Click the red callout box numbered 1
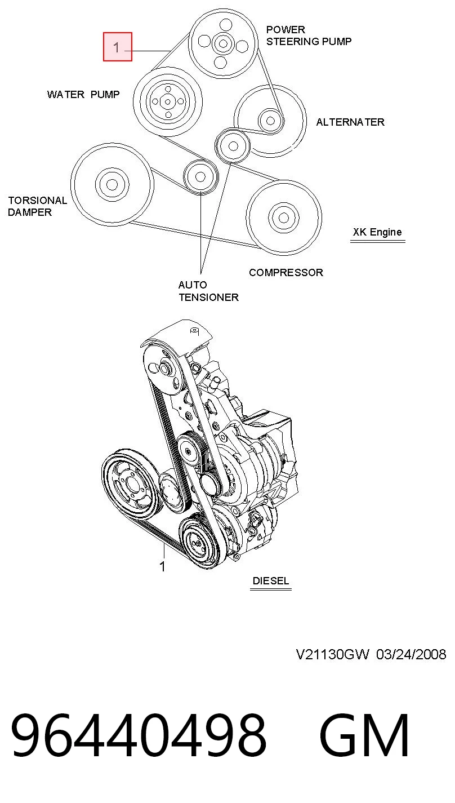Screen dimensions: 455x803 point(118,47)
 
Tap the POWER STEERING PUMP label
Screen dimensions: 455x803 point(309,36)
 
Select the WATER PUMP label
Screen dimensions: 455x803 point(83,94)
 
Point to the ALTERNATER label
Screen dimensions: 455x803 point(350,122)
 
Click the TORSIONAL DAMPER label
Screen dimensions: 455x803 point(37,206)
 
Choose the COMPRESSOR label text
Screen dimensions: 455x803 point(286,272)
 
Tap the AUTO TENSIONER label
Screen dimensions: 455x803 point(208,291)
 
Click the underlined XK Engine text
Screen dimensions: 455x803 point(377,232)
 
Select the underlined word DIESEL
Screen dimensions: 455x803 point(270,581)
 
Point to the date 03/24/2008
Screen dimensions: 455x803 point(411,655)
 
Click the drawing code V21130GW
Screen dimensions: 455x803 point(332,655)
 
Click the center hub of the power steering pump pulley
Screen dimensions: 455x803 point(223,44)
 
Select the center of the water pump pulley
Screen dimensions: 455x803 point(168,102)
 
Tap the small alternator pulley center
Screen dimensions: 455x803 point(270,121)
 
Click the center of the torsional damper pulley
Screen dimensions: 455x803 point(112,185)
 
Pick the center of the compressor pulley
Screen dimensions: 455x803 point(284,218)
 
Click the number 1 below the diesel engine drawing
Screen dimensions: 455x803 point(162,567)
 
